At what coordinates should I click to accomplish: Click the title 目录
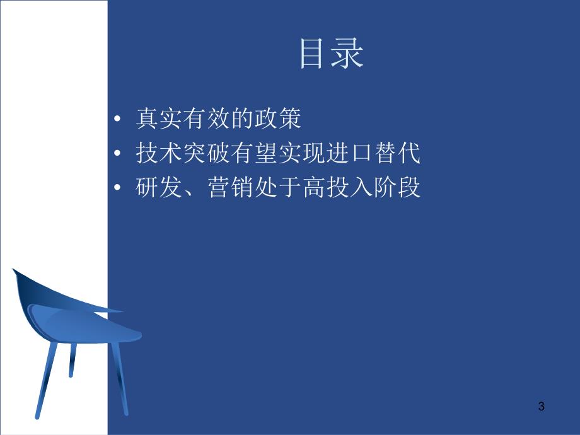[332, 55]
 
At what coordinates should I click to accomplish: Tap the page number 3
[541, 407]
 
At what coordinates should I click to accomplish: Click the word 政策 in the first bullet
[284, 120]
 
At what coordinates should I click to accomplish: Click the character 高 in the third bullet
[314, 188]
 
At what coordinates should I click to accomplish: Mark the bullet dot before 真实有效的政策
[118, 120]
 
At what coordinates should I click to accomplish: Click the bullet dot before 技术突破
[118, 155]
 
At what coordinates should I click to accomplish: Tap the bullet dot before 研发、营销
[118, 189]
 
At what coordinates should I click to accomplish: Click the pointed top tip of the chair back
[14, 270]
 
